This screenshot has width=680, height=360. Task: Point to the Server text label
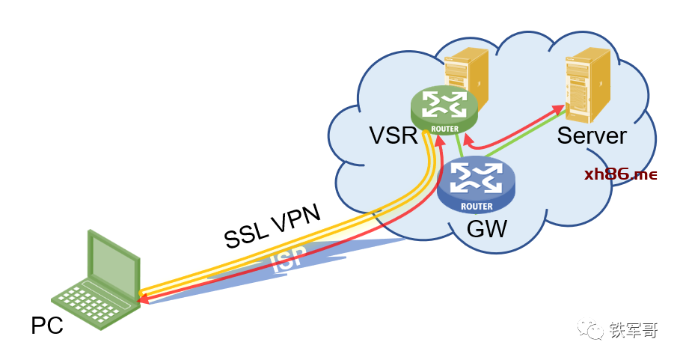(591, 135)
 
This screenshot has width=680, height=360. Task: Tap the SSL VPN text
(272, 225)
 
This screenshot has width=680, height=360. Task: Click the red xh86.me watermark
(621, 175)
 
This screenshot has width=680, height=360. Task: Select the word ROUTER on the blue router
(477, 206)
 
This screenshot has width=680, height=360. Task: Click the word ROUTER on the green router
(444, 127)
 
